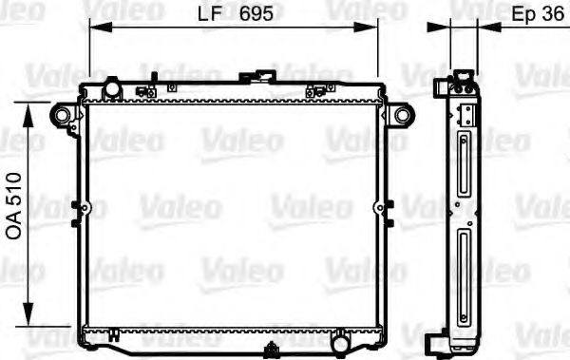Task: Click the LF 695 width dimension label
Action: click(236, 14)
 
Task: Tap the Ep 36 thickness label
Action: click(538, 14)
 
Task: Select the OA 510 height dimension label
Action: click(14, 206)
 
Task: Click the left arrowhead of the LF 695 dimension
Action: click(101, 28)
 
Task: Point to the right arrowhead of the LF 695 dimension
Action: click(366, 28)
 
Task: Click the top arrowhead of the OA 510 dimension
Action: click(28, 115)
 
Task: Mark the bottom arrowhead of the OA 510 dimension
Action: click(28, 313)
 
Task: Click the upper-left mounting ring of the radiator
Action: click(62, 115)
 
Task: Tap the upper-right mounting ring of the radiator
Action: click(403, 115)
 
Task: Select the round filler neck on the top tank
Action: click(112, 88)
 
